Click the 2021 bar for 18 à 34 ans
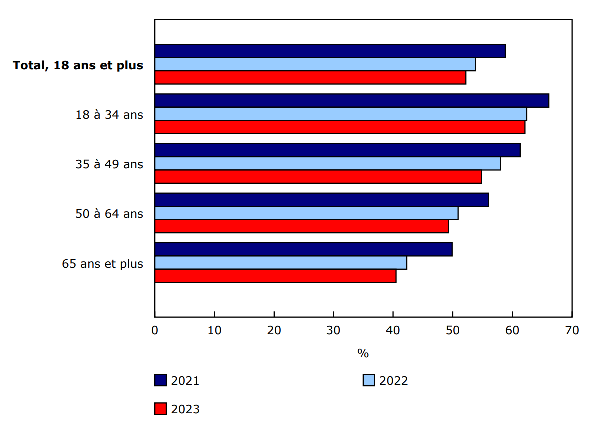coord(351,100)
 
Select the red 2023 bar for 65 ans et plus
coord(276,276)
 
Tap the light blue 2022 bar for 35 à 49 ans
coord(327,163)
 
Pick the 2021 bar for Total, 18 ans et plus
coord(330,51)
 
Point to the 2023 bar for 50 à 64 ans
coord(301,226)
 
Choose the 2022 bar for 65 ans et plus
coord(281,263)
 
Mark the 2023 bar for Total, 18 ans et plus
coord(310,77)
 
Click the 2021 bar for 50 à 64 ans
coord(321,200)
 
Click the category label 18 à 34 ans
coord(109,115)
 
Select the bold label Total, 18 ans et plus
coord(78,65)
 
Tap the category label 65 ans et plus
coord(102,264)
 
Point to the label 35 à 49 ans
coord(109,164)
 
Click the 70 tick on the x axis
coord(572,330)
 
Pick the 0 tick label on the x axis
coord(155,330)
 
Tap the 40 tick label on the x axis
coord(393,330)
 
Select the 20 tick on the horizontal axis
coord(274,330)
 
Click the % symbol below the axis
coord(363,353)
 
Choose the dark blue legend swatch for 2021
coord(160,380)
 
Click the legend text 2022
coord(393,381)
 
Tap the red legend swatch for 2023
coord(160,409)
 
